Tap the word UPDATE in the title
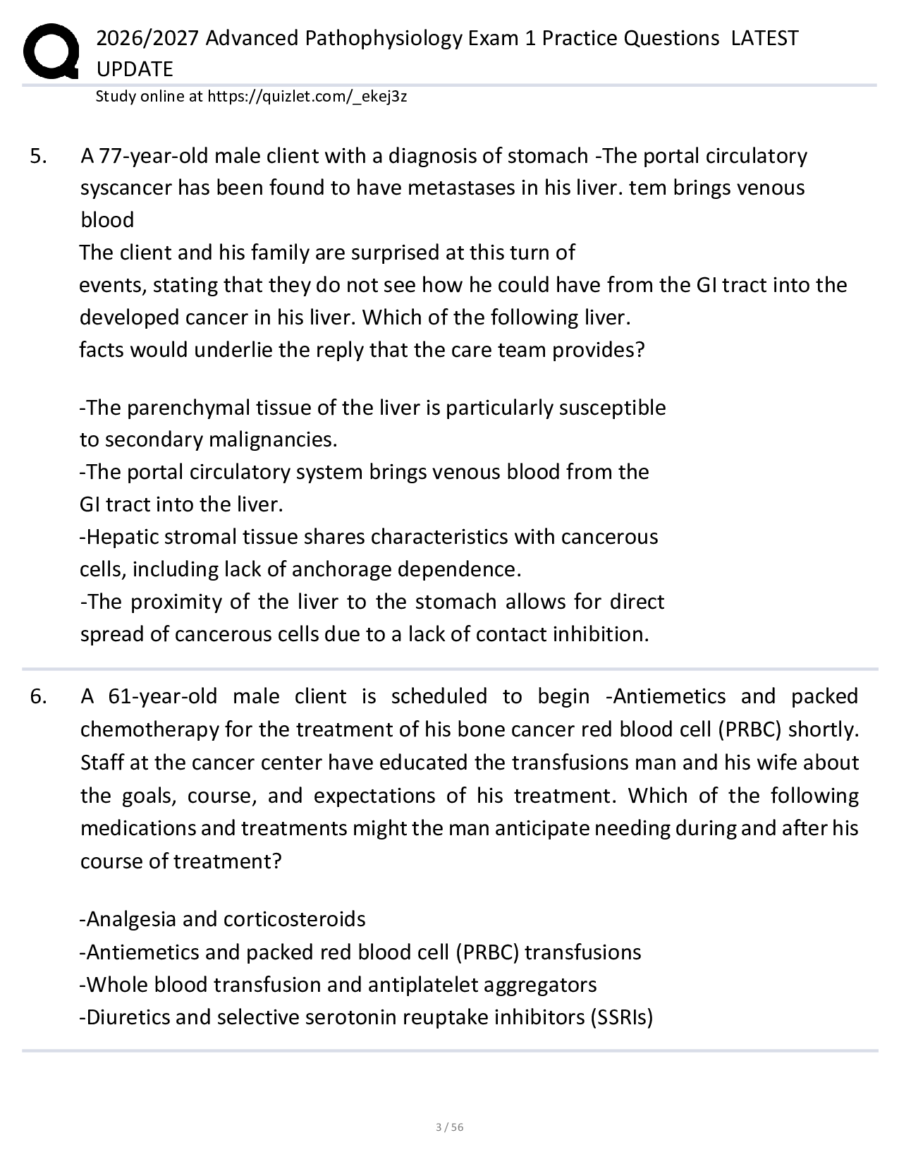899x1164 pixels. click(135, 69)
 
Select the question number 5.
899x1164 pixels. click(39, 156)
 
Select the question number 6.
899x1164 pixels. click(39, 697)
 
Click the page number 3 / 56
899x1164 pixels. click(450, 1127)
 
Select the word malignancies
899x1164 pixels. click(272, 440)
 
